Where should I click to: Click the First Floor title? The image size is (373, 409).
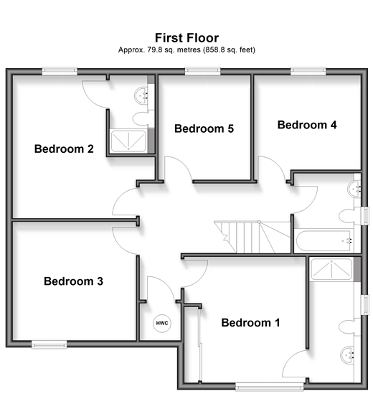186,38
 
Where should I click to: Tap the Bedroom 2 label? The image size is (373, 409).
64,149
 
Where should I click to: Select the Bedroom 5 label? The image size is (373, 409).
204,128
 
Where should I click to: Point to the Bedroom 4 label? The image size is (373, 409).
307,125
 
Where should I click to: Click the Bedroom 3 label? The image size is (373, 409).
74,281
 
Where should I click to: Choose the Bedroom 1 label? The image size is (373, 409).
250,323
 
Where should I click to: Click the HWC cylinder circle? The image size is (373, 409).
162,324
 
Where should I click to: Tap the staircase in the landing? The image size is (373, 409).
252,237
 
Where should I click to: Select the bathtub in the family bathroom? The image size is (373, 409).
325,240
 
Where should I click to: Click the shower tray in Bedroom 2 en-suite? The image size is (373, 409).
128,141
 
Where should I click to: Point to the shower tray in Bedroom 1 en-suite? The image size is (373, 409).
331,270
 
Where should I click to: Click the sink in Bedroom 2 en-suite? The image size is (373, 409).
141,95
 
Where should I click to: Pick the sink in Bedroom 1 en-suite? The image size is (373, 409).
347,354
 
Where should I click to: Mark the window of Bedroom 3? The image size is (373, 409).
49,344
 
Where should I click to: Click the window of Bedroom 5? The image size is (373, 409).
203,71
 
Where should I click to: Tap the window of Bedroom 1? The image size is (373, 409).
270,387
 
